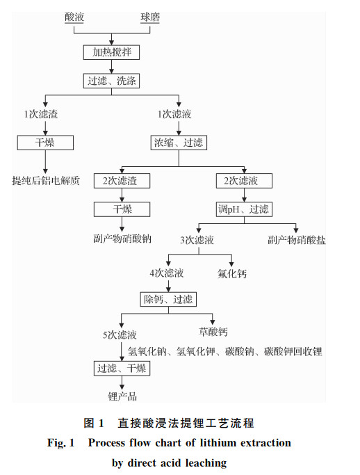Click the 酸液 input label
point(74,17)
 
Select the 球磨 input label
point(150,17)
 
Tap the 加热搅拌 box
point(111,52)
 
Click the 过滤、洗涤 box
point(111,81)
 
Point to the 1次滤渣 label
point(41,114)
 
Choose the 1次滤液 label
point(174,114)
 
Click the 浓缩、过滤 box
point(179,143)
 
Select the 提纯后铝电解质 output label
point(46,181)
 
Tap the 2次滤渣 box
point(122,181)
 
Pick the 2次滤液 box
point(244,181)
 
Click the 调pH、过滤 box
point(244,209)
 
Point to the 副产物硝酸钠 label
point(122,239)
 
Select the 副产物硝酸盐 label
point(297,240)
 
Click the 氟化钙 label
point(232,273)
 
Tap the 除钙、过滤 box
point(168,300)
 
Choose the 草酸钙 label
point(213,332)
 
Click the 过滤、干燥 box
point(122,369)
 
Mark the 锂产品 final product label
point(122,396)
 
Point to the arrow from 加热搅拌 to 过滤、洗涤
point(111,67)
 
